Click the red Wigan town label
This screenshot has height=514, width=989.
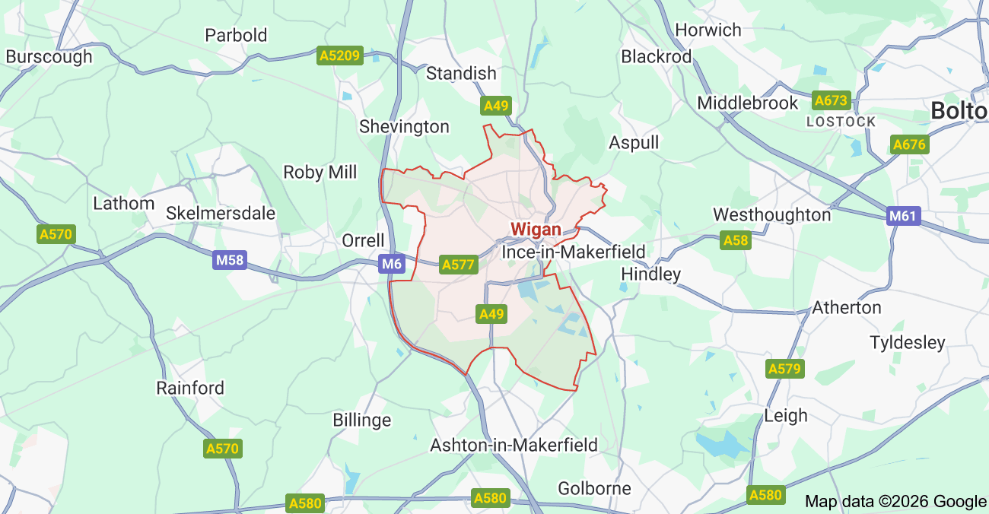536,229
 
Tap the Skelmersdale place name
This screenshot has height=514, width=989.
221,213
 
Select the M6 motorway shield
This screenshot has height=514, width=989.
391,264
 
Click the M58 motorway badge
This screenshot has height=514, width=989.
230,261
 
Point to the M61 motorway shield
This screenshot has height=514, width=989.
903,216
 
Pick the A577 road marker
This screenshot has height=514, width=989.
458,265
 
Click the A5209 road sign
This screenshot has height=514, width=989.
340,56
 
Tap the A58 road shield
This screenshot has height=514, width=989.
736,240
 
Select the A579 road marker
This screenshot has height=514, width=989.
784,369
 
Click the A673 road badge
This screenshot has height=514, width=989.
831,100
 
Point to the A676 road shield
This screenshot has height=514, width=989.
910,144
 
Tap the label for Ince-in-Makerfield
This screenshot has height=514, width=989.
573,252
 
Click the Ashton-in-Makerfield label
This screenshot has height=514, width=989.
514,445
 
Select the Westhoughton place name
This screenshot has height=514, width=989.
771,214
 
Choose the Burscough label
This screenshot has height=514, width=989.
49,56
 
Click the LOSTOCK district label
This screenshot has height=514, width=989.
841,122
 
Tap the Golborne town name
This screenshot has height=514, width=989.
594,488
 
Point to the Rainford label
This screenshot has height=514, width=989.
190,388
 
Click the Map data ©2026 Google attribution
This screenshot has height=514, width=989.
895,501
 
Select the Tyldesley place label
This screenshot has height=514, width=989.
907,342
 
